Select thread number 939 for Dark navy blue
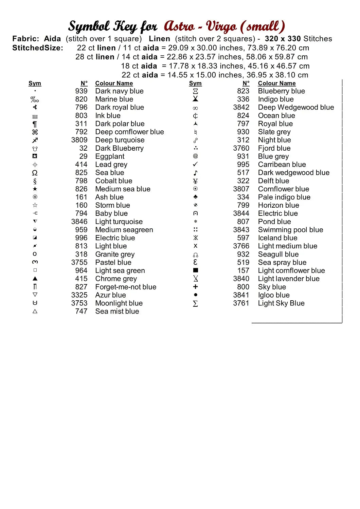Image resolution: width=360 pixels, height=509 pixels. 81,91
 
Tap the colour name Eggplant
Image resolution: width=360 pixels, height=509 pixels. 110,156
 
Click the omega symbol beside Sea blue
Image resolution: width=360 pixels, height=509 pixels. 35,173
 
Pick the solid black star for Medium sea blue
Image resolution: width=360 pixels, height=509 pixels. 35,189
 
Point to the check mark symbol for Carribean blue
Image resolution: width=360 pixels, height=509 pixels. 195,165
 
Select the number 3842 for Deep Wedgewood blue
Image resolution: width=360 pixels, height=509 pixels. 241,108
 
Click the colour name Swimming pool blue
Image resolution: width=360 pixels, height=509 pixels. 290,230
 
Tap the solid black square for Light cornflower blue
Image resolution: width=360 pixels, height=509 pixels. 195,270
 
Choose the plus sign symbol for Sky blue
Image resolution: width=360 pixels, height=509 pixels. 195,287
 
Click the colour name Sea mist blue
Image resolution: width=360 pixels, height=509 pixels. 117,311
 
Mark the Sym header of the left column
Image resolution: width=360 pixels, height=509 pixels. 35,83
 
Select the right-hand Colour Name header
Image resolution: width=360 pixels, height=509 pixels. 277,83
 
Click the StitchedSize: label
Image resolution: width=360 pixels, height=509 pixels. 38,48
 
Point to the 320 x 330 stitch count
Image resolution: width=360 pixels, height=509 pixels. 283,39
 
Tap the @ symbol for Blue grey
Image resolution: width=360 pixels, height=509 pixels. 195,156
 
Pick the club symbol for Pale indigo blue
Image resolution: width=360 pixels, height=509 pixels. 195,197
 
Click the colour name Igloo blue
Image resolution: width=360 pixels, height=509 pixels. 274,295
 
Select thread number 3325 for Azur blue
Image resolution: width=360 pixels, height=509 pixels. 79,295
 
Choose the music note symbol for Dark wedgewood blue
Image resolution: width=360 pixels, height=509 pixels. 195,173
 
